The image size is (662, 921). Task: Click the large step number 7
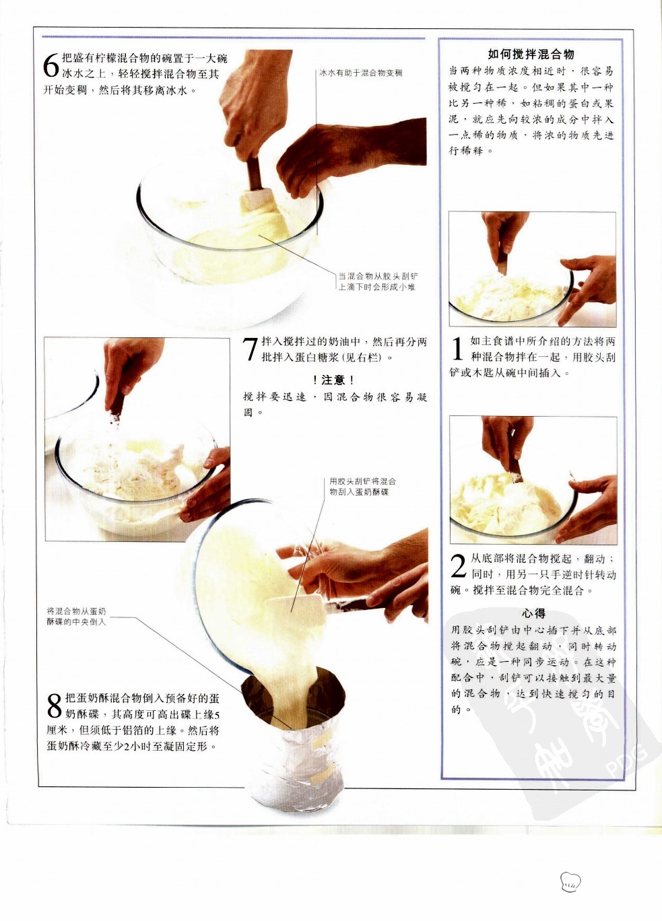(x=251, y=349)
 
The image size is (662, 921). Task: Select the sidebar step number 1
(x=458, y=349)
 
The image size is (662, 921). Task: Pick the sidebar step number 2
(x=459, y=566)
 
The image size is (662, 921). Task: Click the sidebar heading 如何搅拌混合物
(x=531, y=54)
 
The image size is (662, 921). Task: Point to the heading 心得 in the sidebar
(x=533, y=613)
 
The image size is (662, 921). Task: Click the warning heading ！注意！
(x=333, y=380)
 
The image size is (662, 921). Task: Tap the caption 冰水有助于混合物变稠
(x=360, y=73)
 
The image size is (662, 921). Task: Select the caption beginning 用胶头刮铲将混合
(x=362, y=486)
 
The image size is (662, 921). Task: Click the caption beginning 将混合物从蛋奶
(x=77, y=617)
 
